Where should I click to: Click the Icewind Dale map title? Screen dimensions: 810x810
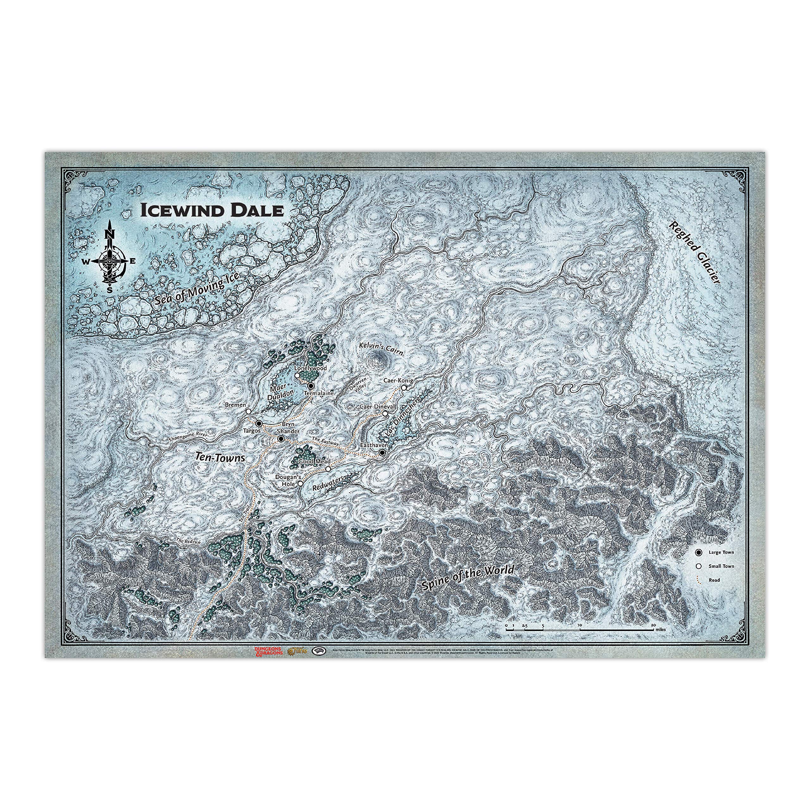pyautogui.click(x=212, y=210)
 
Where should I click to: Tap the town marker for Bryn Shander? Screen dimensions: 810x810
pyautogui.click(x=280, y=439)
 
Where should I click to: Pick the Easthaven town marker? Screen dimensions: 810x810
pyautogui.click(x=382, y=453)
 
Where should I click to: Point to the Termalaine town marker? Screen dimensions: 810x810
pyautogui.click(x=311, y=386)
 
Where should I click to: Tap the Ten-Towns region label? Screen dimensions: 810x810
pyautogui.click(x=220, y=458)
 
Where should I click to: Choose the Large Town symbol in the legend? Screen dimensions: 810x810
pyautogui.click(x=699, y=552)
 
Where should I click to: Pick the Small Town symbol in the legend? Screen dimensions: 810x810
pyautogui.click(x=699, y=566)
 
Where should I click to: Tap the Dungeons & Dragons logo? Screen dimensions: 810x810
pyautogui.click(x=269, y=651)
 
